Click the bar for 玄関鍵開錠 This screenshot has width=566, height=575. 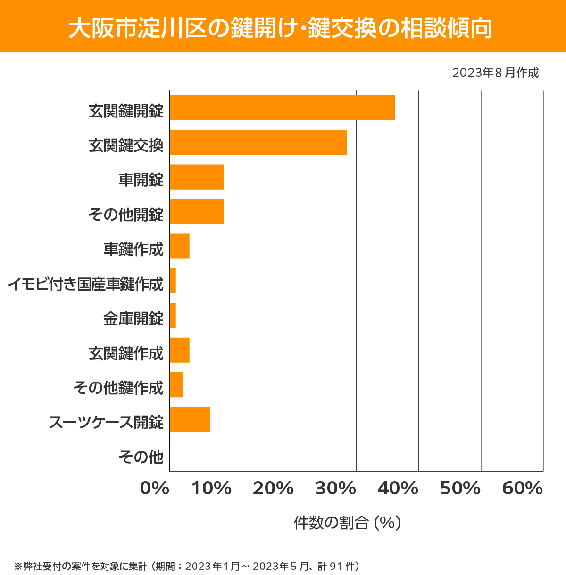tap(282, 108)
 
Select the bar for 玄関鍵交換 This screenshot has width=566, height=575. tap(258, 142)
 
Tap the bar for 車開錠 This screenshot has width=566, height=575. tap(196, 177)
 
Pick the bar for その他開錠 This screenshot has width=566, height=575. tap(196, 211)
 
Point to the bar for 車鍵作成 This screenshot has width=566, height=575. tap(179, 246)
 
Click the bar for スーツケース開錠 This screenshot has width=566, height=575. tap(190, 419)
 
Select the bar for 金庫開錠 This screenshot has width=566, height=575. tap(173, 315)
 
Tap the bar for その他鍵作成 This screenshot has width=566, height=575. tap(176, 384)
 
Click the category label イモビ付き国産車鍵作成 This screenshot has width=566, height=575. tap(86, 284)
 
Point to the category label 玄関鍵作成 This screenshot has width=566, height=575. tap(126, 353)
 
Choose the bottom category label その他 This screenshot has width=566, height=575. tap(141, 457)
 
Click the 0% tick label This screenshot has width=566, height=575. tap(155, 489)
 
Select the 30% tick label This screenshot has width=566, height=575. tap(335, 489)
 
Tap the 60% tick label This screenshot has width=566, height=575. tap(523, 489)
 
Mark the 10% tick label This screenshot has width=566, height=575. tap(211, 489)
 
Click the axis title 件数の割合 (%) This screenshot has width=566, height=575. tap(347, 523)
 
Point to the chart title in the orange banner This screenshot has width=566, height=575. tap(280, 28)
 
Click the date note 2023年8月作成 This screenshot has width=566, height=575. tap(495, 73)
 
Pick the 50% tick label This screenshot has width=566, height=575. tap(460, 489)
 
